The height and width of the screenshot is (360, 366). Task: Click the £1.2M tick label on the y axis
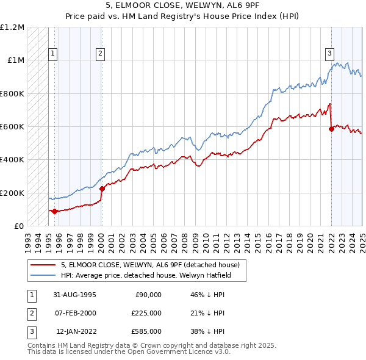point(12,27)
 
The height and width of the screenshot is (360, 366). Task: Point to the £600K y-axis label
point(12,126)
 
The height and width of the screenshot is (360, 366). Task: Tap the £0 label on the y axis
point(19,226)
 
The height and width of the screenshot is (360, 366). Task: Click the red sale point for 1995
point(55,211)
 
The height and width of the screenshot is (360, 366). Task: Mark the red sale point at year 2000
point(101,189)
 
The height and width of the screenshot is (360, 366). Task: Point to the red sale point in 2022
point(331,129)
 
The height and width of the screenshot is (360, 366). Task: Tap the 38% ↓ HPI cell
point(207,331)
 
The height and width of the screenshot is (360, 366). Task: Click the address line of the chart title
point(182,7)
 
